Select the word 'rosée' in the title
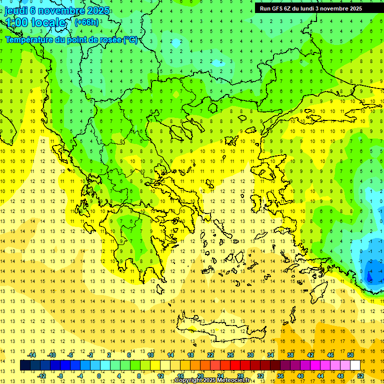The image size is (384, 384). click(105, 40)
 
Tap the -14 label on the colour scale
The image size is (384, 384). click(32, 355)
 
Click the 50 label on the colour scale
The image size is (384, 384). click(350, 355)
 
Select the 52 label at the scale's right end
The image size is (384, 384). click(360, 375)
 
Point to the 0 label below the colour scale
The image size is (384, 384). click(99, 375)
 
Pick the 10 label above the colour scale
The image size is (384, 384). click(150, 355)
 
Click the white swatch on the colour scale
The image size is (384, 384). click(355, 365)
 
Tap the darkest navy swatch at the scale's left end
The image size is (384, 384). click(25, 365)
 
